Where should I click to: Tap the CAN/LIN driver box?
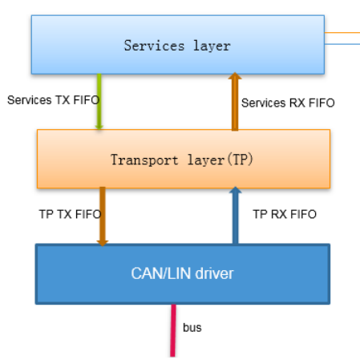pyautogui.click(x=182, y=273)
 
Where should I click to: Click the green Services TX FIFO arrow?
pyautogui.click(x=99, y=101)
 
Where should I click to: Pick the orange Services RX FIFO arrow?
pyautogui.click(x=235, y=101)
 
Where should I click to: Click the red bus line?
pyautogui.click(x=172, y=330)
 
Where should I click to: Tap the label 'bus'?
pyautogui.click(x=192, y=328)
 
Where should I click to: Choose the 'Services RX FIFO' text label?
pyautogui.click(x=288, y=103)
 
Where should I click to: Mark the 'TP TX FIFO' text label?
pyautogui.click(x=67, y=214)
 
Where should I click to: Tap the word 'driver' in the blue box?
pyautogui.click(x=210, y=273)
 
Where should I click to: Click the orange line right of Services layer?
pyautogui.click(x=342, y=33)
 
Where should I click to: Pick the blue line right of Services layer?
pyautogui.click(x=342, y=44)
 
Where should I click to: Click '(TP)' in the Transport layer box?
pyautogui.click(x=241, y=159)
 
